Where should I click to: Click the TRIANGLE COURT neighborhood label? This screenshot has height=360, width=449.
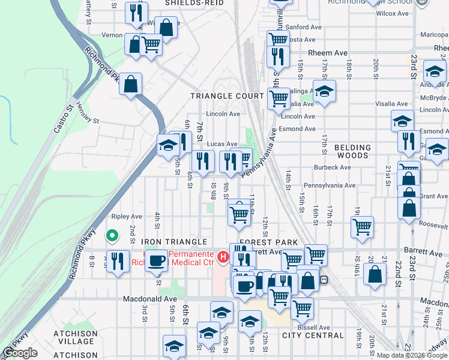coord(227,96)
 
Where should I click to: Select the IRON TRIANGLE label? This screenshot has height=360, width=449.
coord(173,242)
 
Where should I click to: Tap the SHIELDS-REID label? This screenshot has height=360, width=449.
coord(194,3)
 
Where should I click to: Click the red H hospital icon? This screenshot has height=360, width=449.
coord(223,257)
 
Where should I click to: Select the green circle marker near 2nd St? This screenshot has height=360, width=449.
coord(111,236)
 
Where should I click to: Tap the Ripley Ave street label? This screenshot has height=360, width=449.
coord(126,216)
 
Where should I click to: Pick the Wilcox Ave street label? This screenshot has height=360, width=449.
coord(394,13)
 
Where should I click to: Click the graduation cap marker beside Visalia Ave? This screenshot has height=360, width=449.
coord(324,91)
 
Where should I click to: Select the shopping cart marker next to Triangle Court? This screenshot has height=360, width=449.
coord(279,97)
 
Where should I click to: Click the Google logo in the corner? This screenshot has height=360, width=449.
coord(20,353)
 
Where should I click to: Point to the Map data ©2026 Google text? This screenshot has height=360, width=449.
coord(412,355)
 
